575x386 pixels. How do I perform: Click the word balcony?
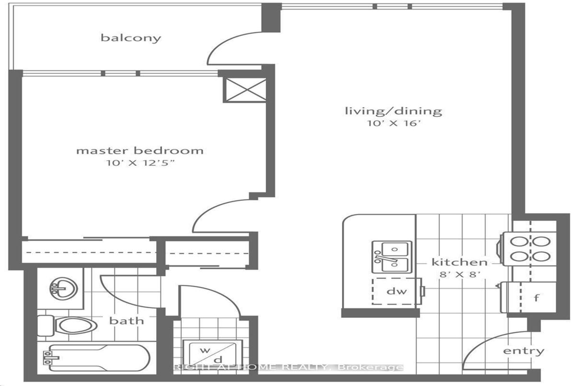131,38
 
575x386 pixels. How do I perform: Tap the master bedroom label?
140,151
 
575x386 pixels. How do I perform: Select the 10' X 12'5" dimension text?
140,163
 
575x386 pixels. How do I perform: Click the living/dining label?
393,111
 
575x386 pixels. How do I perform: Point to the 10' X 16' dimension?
394,123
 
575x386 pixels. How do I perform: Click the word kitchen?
460,262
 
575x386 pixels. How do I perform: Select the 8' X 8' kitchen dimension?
460,274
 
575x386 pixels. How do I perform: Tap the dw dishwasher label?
397,291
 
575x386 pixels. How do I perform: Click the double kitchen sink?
392,257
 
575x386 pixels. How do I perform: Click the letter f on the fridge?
536,298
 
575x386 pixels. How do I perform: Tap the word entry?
524,351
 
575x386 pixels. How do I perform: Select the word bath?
126,320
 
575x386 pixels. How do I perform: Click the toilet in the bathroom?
67,326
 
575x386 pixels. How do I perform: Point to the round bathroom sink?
63,288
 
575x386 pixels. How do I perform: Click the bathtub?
96,358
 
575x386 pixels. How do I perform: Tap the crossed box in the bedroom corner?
245,90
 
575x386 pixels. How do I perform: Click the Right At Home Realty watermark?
288,367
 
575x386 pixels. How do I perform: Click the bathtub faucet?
51,358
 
